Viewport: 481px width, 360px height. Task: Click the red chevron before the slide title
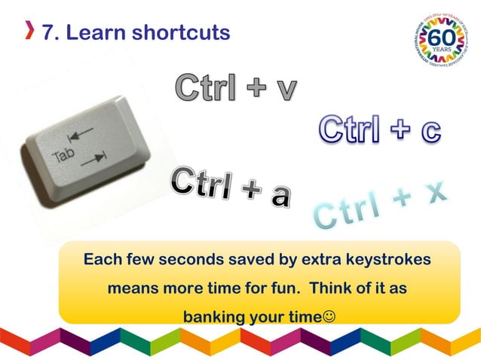(29, 32)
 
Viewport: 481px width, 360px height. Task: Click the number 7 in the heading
(48, 32)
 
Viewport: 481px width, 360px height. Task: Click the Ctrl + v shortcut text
(235, 89)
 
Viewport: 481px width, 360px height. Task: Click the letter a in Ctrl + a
(280, 195)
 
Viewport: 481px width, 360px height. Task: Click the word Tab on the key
(64, 157)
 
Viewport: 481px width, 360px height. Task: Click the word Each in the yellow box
(102, 260)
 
